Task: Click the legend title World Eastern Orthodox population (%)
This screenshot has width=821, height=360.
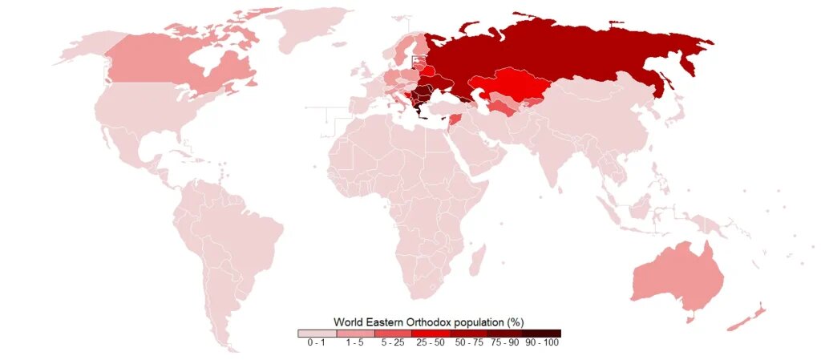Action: click(428, 322)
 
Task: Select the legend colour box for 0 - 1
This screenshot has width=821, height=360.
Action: click(316, 333)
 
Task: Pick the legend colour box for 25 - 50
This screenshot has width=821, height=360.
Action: click(429, 333)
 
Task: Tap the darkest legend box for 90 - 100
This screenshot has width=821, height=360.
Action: click(542, 333)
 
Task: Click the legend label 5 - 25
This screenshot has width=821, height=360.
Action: click(391, 342)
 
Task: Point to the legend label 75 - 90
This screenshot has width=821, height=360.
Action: click(504, 342)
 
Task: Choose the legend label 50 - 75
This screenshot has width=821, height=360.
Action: click(467, 342)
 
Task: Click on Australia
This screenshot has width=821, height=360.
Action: click(677, 277)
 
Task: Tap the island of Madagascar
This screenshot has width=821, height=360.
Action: click(475, 261)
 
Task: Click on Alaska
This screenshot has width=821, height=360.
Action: click(80, 48)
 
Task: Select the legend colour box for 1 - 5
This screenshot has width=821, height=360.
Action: click(354, 333)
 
